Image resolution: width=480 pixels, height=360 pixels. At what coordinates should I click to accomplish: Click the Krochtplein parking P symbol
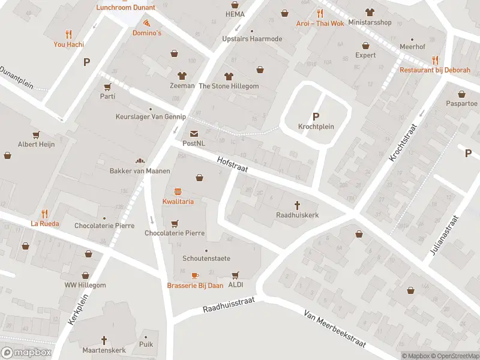[316, 116]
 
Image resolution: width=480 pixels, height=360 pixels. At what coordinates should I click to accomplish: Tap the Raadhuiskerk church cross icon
[297, 205]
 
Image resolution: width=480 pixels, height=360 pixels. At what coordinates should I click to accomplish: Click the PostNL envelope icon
[194, 134]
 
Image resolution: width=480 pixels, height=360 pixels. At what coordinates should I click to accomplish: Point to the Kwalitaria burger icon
[178, 192]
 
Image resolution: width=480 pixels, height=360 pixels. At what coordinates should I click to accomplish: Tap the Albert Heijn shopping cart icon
[36, 134]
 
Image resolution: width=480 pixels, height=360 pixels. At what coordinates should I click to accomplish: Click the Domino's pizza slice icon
[147, 23]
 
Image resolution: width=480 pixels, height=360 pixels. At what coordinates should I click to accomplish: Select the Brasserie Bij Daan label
[195, 286]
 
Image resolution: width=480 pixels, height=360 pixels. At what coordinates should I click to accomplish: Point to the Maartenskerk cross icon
[104, 340]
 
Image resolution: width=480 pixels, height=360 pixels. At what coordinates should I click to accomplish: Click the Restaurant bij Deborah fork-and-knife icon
[435, 60]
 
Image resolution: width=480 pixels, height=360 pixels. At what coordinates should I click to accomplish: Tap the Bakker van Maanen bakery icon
[140, 161]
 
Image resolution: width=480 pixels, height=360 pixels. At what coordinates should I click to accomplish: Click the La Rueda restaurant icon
[44, 214]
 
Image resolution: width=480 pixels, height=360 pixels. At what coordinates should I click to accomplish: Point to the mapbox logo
[26, 352]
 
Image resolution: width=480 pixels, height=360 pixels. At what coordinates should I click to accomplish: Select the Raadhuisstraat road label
[229, 305]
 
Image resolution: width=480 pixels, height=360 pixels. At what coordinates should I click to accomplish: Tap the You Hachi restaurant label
[69, 44]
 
